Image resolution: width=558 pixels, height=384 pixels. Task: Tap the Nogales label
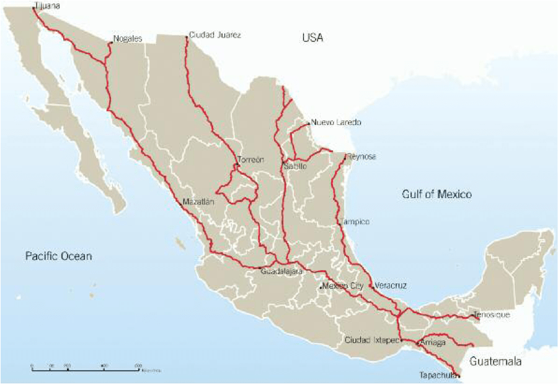[128, 39]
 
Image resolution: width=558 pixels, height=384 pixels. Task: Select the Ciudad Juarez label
[215, 35]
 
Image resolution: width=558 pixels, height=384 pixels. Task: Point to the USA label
[312, 38]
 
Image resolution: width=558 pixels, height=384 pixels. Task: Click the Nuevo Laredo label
[335, 122]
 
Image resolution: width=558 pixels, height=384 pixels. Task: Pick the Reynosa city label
[362, 157]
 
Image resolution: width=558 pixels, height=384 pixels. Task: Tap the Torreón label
[251, 160]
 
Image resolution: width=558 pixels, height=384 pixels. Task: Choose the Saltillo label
[295, 167]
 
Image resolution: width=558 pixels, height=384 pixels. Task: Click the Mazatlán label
[198, 202]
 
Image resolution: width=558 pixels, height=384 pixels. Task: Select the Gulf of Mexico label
[436, 194]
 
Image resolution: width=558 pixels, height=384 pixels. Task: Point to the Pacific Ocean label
[58, 255]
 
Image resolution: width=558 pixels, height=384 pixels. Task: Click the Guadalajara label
[281, 272]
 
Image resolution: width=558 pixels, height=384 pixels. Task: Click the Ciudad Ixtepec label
[371, 341]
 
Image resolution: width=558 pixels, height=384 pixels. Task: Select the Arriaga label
[433, 342]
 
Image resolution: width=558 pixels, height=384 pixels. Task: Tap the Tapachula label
[438, 375]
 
